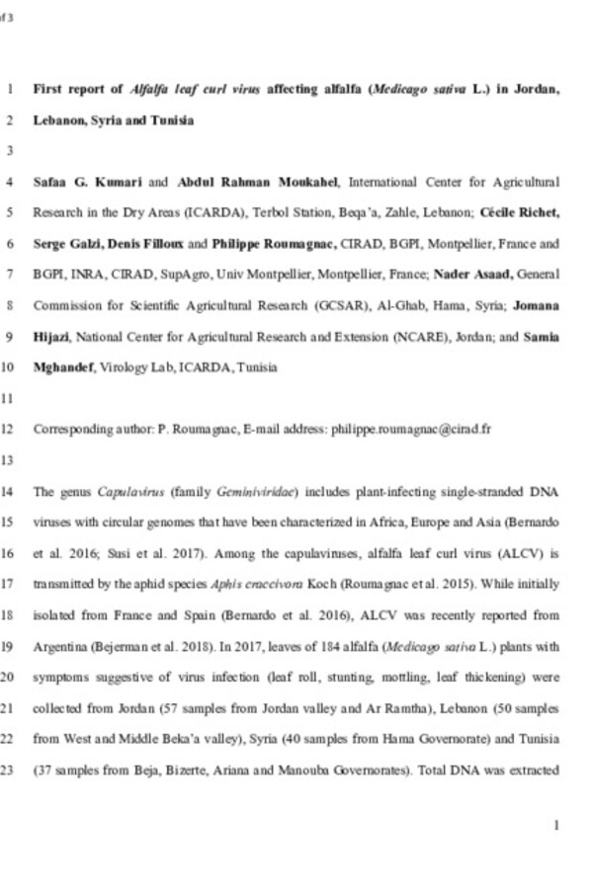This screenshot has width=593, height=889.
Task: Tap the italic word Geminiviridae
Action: click(247, 492)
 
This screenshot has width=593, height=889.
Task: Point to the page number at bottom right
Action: click(557, 825)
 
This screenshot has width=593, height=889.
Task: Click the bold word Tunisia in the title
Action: click(168, 121)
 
